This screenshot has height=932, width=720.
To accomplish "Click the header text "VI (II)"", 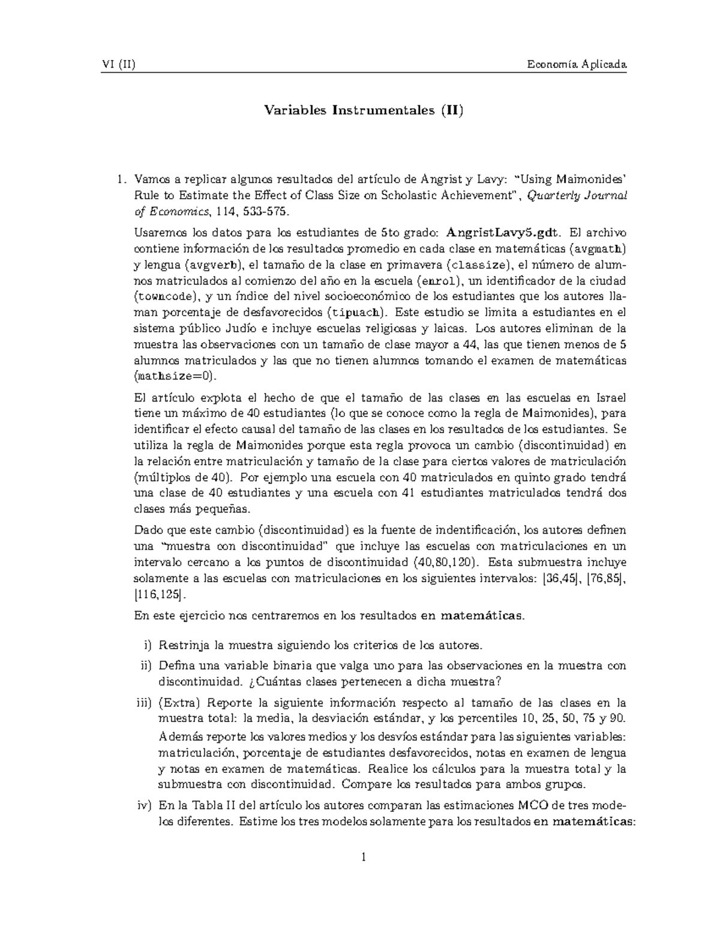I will click(118, 64).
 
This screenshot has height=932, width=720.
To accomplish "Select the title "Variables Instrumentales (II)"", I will click(364, 110).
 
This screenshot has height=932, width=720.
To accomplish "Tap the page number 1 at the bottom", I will click(364, 857).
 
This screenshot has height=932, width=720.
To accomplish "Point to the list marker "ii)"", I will click(146, 666).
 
